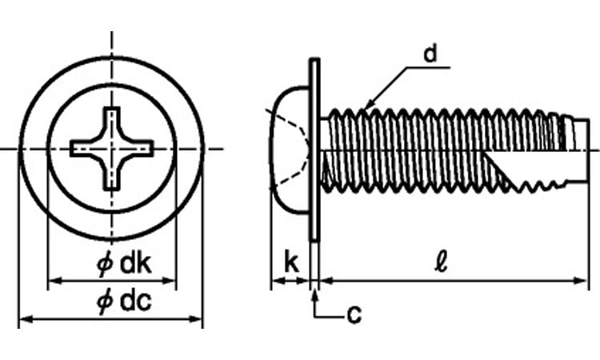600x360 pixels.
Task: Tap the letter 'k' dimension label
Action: click(292, 262)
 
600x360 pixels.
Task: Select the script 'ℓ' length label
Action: click(442, 262)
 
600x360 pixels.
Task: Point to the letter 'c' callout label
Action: click(354, 314)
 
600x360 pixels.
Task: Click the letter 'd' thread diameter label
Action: click(430, 54)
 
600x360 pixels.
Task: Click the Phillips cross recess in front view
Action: click(111, 148)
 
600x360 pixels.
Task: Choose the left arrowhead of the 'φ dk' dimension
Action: click(54, 281)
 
